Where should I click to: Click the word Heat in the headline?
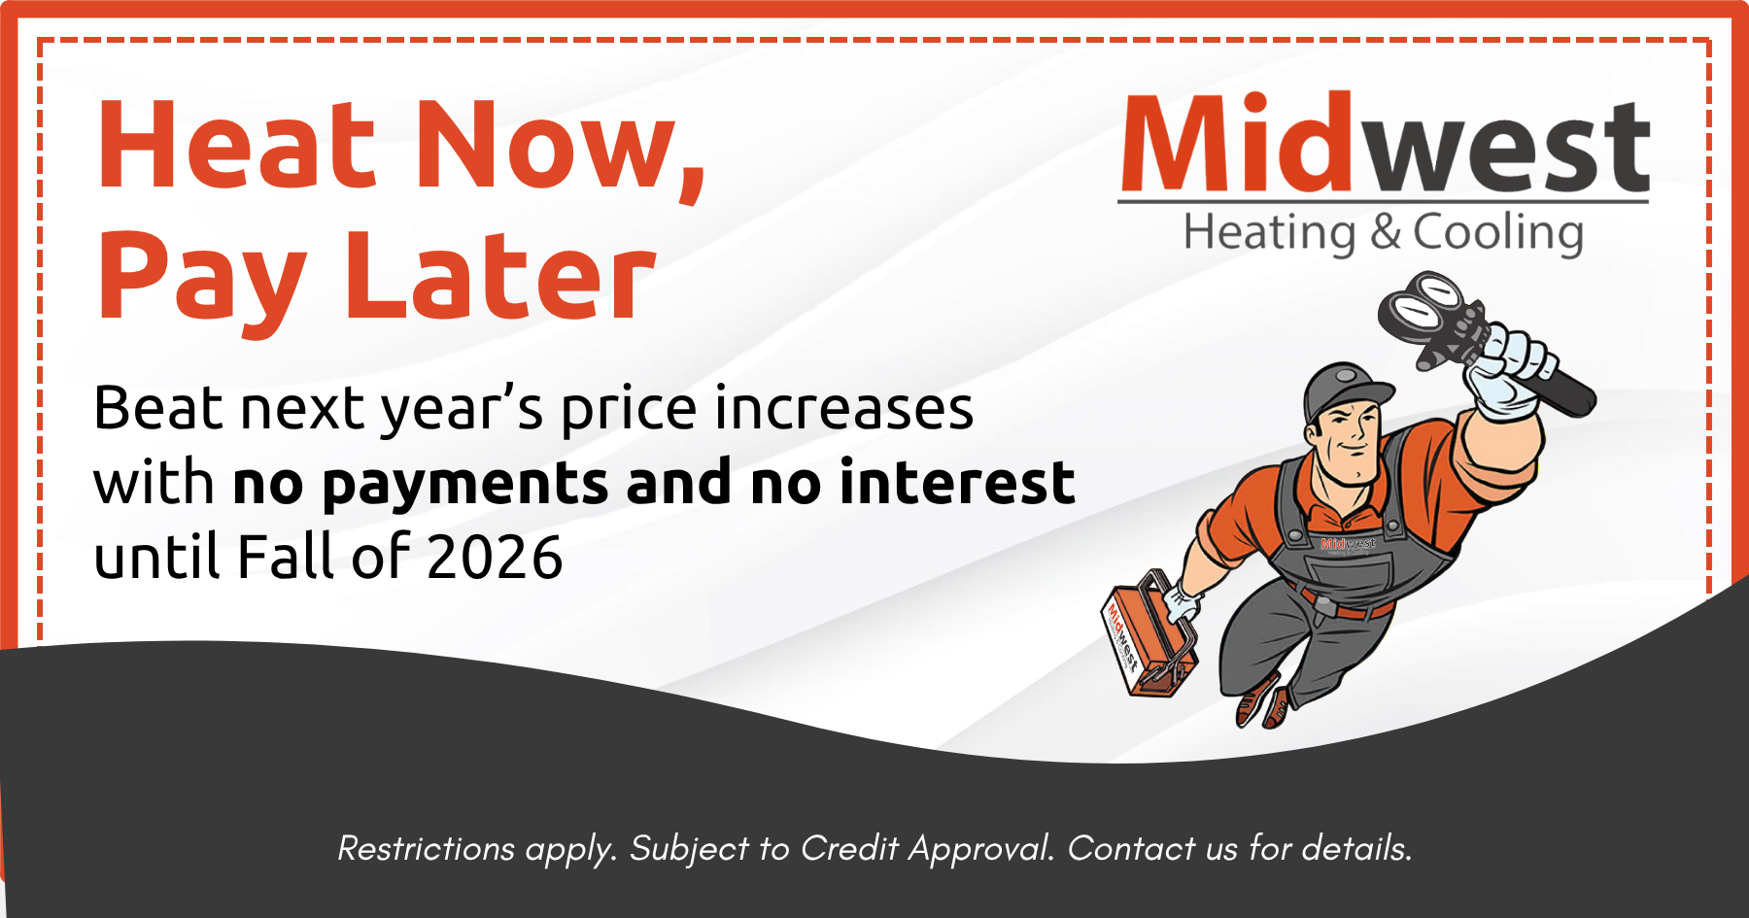point(236,146)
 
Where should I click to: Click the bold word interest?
point(957,482)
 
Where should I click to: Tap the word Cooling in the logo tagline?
point(1497,233)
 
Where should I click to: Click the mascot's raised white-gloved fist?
point(1506,369)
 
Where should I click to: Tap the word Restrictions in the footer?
point(426,848)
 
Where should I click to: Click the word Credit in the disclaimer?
point(849,848)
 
